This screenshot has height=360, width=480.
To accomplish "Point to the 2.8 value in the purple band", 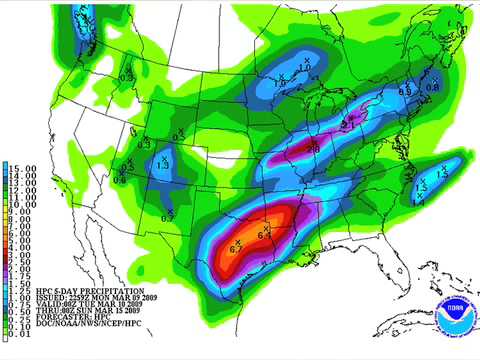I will (x=312, y=150).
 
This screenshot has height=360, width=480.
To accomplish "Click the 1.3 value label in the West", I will (x=163, y=166).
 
